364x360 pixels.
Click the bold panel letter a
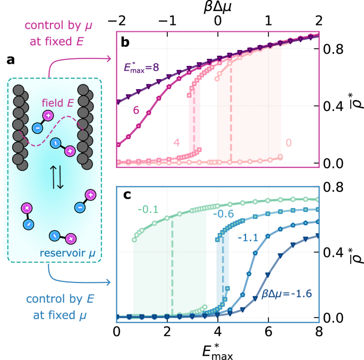click(11, 61)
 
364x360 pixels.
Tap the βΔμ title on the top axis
click(218, 7)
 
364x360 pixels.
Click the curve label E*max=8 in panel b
click(139, 67)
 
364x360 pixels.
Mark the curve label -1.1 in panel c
click(248, 238)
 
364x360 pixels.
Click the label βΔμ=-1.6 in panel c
click(288, 306)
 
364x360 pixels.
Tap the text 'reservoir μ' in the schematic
click(66, 249)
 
